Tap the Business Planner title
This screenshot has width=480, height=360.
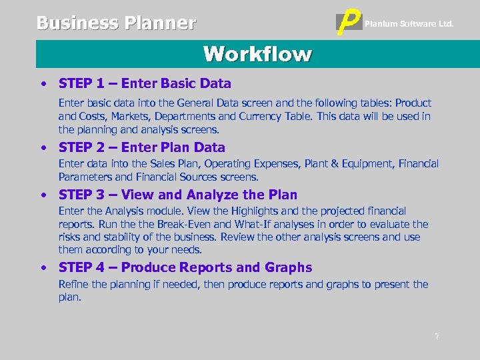tap(116, 23)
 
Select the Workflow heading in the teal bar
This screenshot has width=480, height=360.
tap(257, 54)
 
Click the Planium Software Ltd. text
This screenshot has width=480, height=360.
tap(409, 24)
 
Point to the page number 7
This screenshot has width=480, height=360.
tap(437, 337)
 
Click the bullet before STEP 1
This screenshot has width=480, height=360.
tap(43, 85)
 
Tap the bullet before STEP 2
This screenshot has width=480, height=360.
tap(43, 148)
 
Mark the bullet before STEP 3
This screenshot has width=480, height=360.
tap(43, 195)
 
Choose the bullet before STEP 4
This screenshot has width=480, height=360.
tap(43, 268)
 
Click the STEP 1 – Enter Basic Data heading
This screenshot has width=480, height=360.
tap(145, 84)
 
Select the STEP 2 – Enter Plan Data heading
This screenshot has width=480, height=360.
tap(142, 147)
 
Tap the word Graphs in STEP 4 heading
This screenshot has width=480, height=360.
tap(288, 267)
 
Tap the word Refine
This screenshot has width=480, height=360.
tap(73, 285)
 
